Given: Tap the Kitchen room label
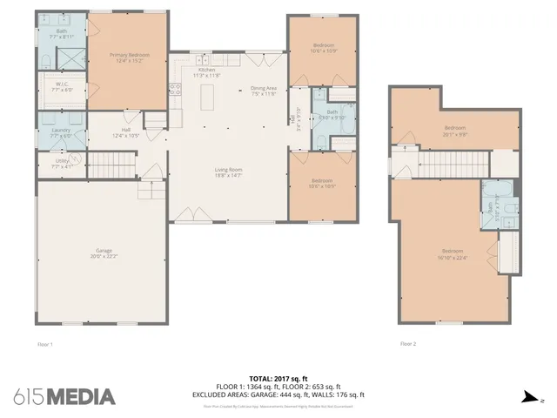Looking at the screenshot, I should (206, 72).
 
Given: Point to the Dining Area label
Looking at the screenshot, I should (263, 90).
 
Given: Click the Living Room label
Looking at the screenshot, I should (229, 172).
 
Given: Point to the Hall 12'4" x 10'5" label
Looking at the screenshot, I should (126, 134).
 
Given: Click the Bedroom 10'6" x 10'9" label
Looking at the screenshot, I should (323, 48).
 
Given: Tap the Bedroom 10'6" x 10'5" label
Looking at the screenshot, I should (322, 184).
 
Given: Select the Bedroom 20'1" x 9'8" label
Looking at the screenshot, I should (455, 131).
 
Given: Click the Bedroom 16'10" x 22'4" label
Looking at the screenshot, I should (453, 254).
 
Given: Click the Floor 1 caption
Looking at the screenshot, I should (45, 344).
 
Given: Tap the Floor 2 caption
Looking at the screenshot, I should (408, 344).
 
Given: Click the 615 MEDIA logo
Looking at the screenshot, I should (64, 396).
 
